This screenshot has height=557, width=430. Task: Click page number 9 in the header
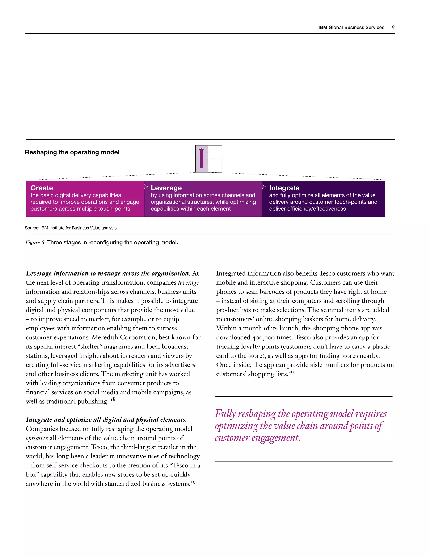tap(393, 27)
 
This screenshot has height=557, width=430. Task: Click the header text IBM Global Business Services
tap(351, 28)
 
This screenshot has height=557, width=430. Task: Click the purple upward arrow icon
tap(202, 158)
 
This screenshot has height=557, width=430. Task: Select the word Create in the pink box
tap(42, 188)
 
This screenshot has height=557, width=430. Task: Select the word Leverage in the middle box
tap(166, 188)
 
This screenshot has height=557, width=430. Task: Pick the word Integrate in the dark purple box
tap(284, 188)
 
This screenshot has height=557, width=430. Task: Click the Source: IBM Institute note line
tap(71, 228)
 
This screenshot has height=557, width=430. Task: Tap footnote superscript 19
tap(193, 482)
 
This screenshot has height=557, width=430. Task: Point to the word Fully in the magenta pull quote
tap(225, 414)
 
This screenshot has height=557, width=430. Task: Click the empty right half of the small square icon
tap(215, 159)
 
